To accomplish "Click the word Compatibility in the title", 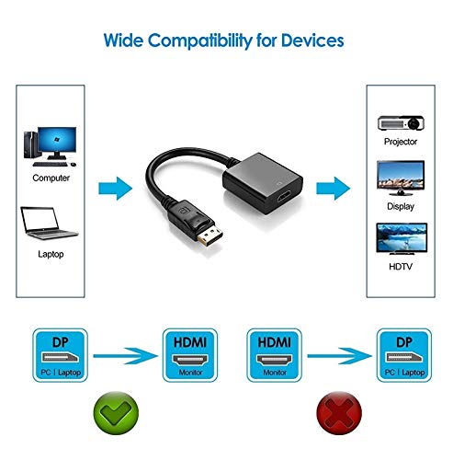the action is (200, 40).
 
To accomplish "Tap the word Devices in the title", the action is (312, 40).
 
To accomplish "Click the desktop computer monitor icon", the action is (57, 143).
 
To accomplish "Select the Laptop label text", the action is (51, 254).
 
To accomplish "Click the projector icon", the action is (401, 123).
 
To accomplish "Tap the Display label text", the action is (401, 206).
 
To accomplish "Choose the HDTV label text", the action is (401, 267).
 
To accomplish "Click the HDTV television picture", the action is (402, 239).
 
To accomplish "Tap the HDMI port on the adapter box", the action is (286, 197).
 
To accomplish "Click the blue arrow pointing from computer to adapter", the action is (116, 189).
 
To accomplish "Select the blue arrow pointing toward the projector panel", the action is (334, 189).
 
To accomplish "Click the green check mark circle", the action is (116, 413).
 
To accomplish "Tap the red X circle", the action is (339, 413).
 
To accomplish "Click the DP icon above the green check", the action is (60, 355).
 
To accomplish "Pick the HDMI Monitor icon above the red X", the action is (274, 355).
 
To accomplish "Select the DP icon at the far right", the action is (404, 355).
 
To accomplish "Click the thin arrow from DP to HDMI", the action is (126, 356).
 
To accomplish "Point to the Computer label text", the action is (51, 178).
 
